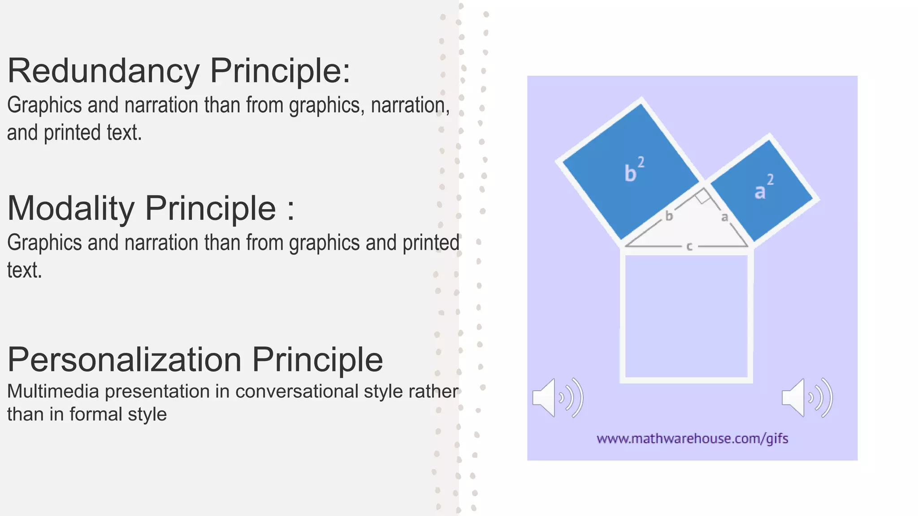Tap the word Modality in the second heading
click(71, 209)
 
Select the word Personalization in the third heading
click(124, 360)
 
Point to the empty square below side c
click(686, 316)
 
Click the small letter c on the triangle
click(689, 246)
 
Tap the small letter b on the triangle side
click(669, 216)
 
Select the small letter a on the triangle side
click(724, 218)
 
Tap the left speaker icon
click(557, 398)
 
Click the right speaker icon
click(806, 398)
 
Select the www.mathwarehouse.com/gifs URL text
click(692, 439)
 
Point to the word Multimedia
click(53, 391)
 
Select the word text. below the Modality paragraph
click(25, 271)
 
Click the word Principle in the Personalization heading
click(317, 360)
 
